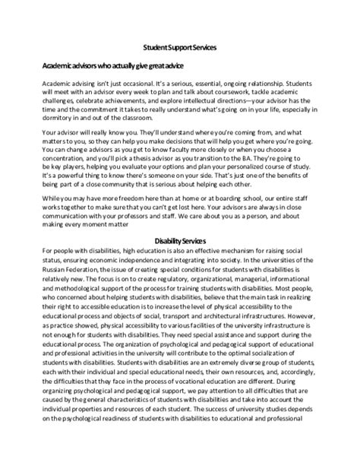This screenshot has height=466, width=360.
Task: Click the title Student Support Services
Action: point(180,47)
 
